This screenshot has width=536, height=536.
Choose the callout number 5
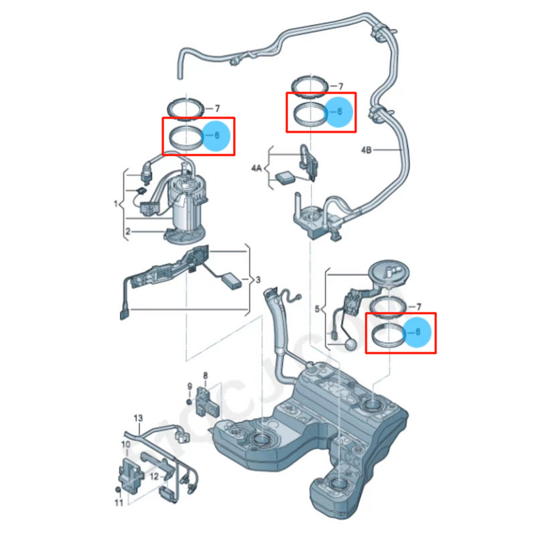pos(317,310)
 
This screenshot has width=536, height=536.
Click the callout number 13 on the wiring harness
pos(137,418)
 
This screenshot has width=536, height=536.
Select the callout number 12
pos(153,476)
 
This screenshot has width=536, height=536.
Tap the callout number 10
pos(125,444)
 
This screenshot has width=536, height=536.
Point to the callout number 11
pos(118,503)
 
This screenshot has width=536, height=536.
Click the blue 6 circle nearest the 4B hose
pos(338,113)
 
